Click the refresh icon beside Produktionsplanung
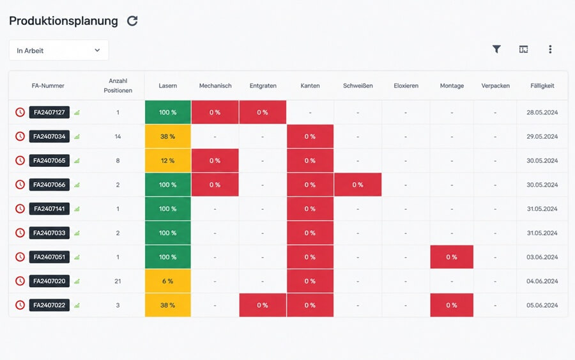coord(132,21)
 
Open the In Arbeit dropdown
coord(59,51)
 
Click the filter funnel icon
coord(496,49)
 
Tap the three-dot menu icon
coord(550,49)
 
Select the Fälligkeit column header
coord(542,86)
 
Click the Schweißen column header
coord(358,86)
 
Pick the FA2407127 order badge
coord(49,113)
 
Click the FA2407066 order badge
coord(49,185)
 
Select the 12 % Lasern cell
coord(167,160)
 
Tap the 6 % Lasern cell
coord(167,281)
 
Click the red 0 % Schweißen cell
coord(358,185)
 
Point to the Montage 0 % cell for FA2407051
coord(452,257)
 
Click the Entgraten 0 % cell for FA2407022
coord(263,305)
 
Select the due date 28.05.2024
coord(542,113)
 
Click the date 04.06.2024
coord(542,281)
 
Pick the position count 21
coord(118,281)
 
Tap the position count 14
coord(118,136)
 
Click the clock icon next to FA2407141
coord(20,209)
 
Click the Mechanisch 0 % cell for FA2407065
coord(215,160)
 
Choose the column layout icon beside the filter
coord(523,49)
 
